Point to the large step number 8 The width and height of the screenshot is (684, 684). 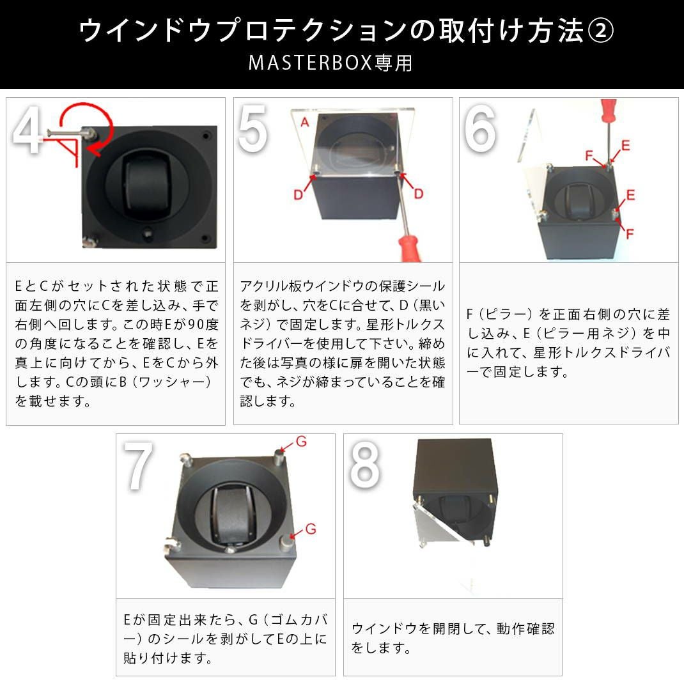364,468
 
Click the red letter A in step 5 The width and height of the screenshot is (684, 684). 305,123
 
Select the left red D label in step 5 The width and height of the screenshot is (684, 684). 298,194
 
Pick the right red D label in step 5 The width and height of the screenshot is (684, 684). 419,194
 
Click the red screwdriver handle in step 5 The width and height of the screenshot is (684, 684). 409,248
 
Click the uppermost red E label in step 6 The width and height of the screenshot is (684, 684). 625,146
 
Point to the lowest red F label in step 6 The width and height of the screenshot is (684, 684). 630,234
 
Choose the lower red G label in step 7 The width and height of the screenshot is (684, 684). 310,529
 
